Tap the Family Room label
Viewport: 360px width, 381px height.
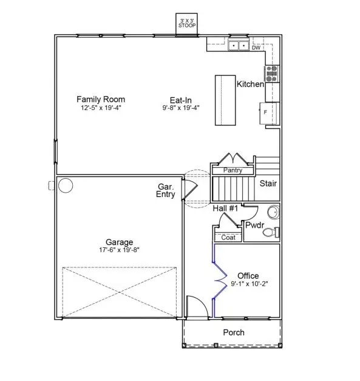tap(101, 99)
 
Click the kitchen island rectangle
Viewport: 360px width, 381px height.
tap(225, 100)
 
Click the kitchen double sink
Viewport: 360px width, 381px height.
tap(237, 45)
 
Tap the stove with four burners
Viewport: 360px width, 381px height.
tap(271, 73)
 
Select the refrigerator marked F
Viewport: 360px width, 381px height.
tap(267, 113)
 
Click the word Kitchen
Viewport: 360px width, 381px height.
tap(250, 84)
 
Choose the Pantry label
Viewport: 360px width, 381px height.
tap(234, 171)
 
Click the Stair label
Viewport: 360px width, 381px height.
tap(268, 183)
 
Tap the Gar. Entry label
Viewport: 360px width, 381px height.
tap(166, 191)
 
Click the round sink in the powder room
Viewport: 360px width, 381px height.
tap(273, 212)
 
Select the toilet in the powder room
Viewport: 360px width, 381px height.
tap(275, 232)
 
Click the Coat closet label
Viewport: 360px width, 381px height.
tap(228, 238)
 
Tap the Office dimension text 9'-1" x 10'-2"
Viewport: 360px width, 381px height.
tap(248, 284)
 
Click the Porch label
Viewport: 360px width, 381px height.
tap(234, 332)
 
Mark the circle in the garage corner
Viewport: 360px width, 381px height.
tap(65, 185)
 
